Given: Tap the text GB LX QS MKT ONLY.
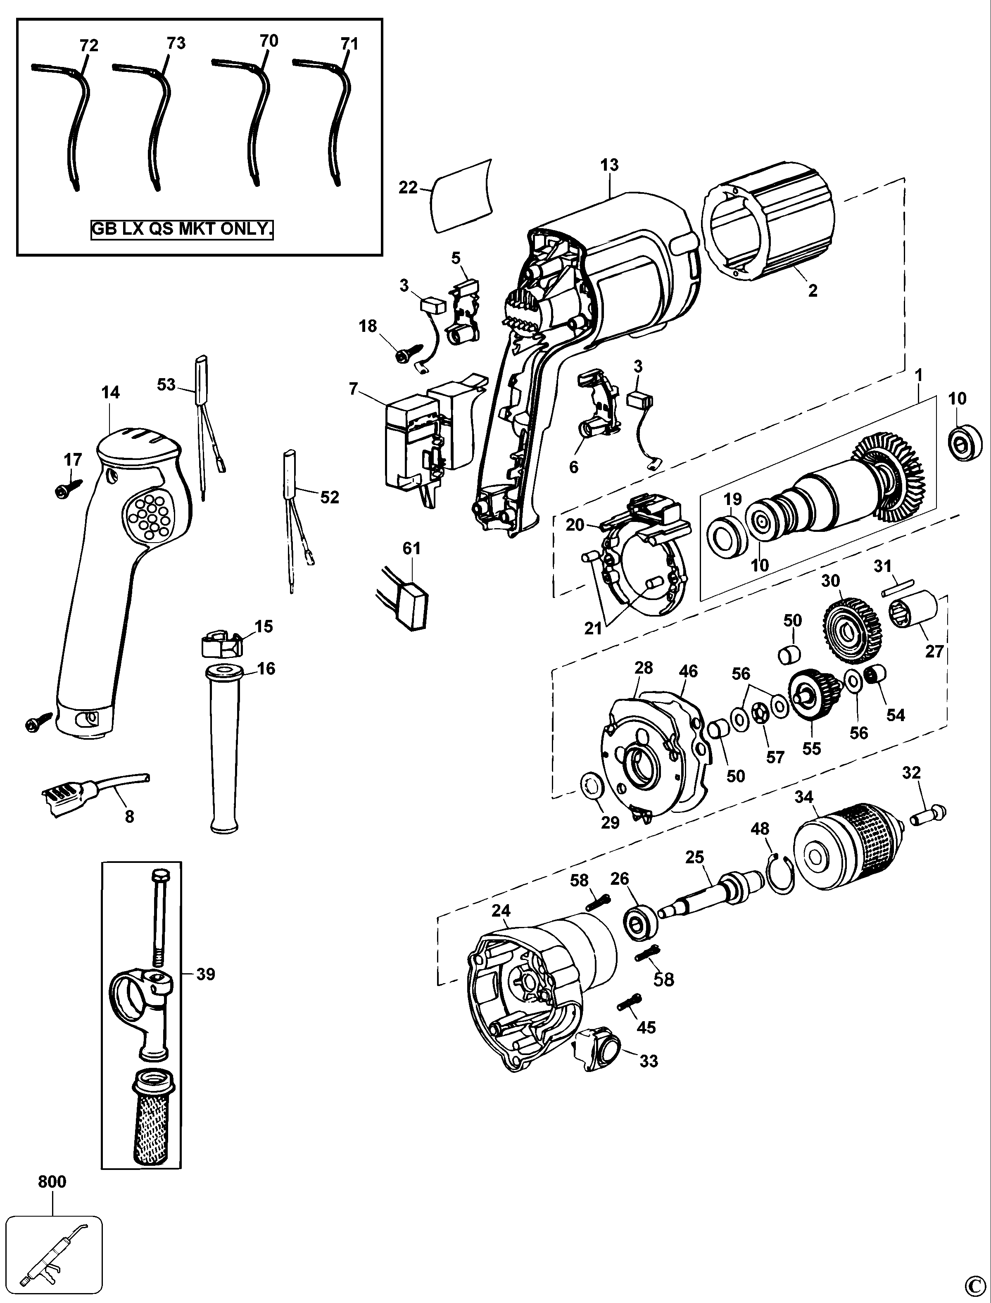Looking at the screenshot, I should pos(182,229).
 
